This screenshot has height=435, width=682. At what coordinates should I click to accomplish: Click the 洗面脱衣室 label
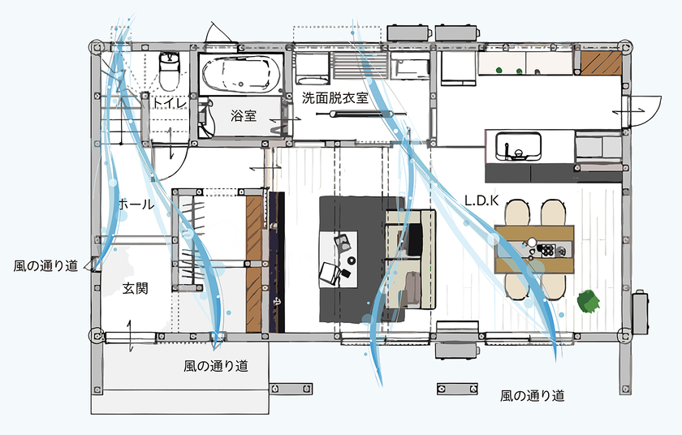click(x=335, y=98)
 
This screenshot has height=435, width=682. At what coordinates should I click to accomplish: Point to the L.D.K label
click(x=482, y=199)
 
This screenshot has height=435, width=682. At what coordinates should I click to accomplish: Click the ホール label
click(x=136, y=204)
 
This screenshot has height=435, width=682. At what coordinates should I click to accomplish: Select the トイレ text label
click(x=170, y=103)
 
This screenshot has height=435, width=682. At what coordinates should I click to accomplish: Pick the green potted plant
click(x=589, y=300)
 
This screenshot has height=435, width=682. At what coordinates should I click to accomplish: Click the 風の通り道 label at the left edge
click(x=45, y=265)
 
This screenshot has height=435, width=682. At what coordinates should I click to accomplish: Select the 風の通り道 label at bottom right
click(x=532, y=396)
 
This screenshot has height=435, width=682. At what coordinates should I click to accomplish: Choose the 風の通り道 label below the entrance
click(x=216, y=366)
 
